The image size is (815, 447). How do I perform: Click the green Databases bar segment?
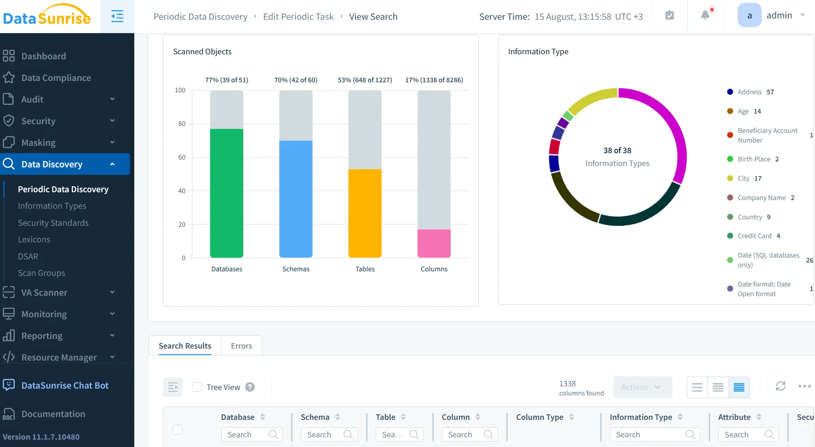click(x=226, y=193)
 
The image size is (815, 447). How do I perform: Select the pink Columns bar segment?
click(x=434, y=243)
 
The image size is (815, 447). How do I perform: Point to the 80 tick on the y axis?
click(x=182, y=124)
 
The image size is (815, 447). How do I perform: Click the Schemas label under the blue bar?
click(x=296, y=269)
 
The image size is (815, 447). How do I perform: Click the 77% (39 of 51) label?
click(x=226, y=80)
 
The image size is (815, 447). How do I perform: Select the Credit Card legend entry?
click(x=754, y=236)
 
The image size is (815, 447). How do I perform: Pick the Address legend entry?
click(x=750, y=92)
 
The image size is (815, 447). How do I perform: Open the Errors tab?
click(x=241, y=346)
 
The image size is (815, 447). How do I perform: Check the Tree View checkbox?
click(x=197, y=387)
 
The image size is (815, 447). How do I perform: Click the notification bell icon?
click(x=705, y=15)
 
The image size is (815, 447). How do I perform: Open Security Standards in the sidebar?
click(x=53, y=223)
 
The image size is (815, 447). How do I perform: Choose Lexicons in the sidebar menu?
click(x=34, y=240)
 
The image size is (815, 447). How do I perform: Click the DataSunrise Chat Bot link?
click(x=65, y=385)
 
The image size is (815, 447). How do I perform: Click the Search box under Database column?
click(x=247, y=435)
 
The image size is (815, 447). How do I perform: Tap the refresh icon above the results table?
click(x=781, y=386)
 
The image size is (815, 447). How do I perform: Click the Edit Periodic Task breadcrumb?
click(x=298, y=17)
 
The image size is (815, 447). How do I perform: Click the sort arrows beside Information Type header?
click(x=680, y=417)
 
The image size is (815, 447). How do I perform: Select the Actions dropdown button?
click(x=642, y=387)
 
